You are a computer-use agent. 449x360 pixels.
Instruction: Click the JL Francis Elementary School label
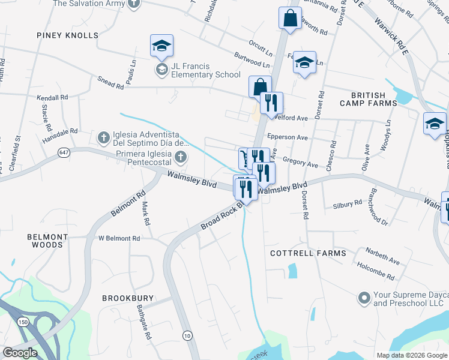197,70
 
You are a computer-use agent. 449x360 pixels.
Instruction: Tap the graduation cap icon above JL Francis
161,46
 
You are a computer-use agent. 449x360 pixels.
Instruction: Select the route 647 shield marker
64,153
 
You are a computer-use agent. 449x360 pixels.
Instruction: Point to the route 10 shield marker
188,335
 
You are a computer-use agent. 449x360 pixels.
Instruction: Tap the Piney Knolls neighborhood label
67,35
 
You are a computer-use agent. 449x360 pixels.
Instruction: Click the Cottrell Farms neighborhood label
308,253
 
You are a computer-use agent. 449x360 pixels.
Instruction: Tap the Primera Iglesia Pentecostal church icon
181,158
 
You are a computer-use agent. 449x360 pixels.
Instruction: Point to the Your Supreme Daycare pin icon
363,298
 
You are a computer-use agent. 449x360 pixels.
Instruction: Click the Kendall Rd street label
53,97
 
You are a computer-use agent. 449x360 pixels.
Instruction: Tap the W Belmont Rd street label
119,238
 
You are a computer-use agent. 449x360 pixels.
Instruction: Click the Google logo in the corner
20,353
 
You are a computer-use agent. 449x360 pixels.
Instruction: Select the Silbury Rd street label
348,205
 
